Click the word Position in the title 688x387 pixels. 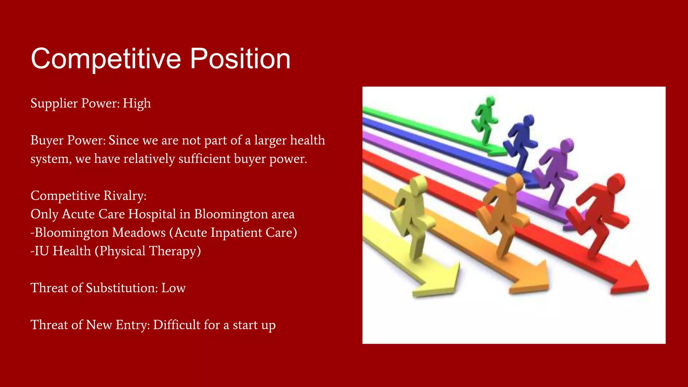click(x=240, y=59)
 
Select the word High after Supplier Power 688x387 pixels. click(x=137, y=103)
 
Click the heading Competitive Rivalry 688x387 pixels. click(x=88, y=196)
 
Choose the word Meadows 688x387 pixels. click(x=139, y=233)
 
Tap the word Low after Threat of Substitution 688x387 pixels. click(x=173, y=288)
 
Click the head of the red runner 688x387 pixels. click(x=616, y=183)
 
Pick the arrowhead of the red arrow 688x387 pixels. click(x=632, y=279)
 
